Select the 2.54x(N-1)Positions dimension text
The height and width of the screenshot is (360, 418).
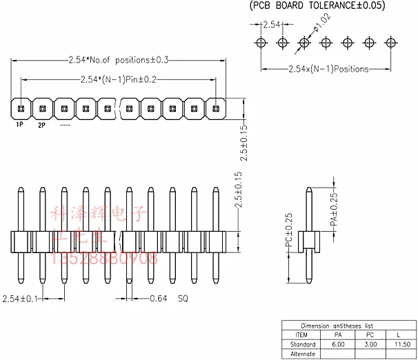[328, 69]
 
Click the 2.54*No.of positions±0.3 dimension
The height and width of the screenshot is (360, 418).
[119, 60]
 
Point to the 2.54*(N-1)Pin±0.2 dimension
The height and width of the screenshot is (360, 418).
[119, 79]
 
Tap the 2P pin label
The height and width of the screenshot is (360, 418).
[41, 125]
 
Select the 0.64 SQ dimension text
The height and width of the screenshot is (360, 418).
[168, 299]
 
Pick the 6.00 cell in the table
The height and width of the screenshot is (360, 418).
[338, 344]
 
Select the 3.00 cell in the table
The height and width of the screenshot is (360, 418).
[370, 344]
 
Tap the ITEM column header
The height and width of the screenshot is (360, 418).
[302, 334]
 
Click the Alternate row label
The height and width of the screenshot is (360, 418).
[303, 354]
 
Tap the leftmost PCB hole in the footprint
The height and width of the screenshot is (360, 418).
[261, 43]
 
